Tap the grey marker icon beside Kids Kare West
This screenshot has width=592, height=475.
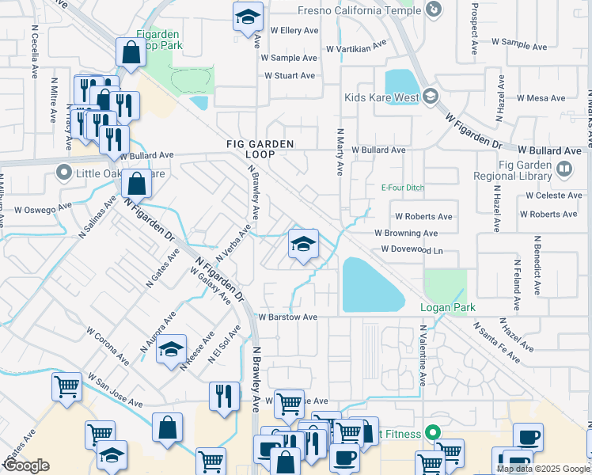point(431,97)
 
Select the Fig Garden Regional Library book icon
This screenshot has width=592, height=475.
point(564,168)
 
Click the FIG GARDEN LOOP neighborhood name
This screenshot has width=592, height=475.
point(260,149)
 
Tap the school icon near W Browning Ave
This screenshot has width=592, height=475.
point(302,245)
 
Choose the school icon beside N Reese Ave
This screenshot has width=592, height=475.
point(171,349)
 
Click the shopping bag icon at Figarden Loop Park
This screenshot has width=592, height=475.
point(131,53)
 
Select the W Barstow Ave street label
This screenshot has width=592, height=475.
point(288,317)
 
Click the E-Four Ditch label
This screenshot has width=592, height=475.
point(398,188)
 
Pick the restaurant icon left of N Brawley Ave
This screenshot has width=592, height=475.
point(225,395)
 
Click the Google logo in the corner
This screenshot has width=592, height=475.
point(26,466)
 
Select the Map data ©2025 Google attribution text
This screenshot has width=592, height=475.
point(542,469)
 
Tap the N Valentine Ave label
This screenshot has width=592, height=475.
point(423,355)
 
